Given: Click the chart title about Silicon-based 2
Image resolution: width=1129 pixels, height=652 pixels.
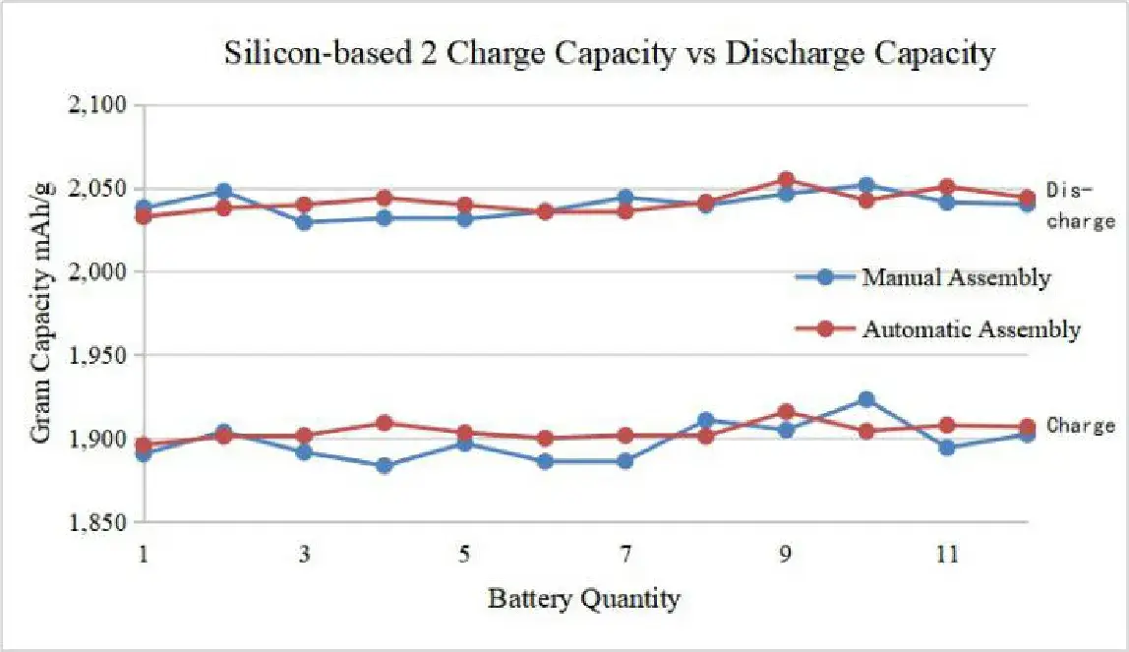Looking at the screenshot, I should [x=610, y=54].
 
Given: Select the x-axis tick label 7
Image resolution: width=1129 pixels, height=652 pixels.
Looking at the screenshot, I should [x=625, y=556].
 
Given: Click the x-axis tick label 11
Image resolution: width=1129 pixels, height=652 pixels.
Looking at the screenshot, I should [x=946, y=556].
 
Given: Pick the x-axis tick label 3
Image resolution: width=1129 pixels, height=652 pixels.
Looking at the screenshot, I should [x=304, y=556].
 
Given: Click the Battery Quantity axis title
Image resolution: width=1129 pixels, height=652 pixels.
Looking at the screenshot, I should [x=583, y=598].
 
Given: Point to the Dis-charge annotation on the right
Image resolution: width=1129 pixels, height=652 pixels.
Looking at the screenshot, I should [x=1080, y=206].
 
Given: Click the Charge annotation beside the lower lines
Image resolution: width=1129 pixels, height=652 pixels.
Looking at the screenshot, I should [x=1080, y=426].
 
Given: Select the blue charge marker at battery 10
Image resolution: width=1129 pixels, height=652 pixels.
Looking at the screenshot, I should [x=865, y=399].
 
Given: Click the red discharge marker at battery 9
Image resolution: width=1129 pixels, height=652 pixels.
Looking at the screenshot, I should [x=786, y=180].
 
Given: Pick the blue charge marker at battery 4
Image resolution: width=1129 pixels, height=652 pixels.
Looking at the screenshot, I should [x=385, y=465].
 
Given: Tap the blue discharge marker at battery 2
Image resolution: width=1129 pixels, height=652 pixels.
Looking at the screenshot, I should [x=224, y=191].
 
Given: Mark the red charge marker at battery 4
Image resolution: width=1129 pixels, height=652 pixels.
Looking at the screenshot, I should [x=385, y=423].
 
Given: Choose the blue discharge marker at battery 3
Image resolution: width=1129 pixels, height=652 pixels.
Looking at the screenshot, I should [x=304, y=222].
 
